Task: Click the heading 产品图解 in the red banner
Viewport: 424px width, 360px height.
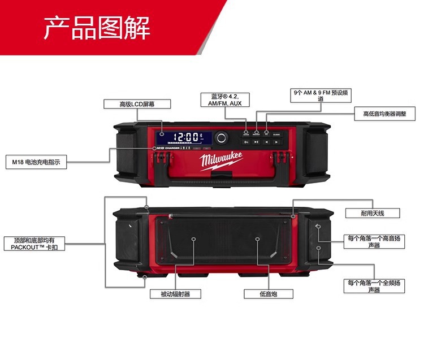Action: (x=97, y=28)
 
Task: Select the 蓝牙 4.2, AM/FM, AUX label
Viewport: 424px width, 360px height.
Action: (x=225, y=100)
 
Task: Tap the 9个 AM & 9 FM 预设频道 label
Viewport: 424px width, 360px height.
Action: (x=320, y=94)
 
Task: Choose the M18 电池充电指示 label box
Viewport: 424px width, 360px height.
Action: (x=36, y=162)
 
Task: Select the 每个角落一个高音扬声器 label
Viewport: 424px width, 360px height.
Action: (x=374, y=241)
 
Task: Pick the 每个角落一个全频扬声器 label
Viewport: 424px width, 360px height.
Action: (x=374, y=286)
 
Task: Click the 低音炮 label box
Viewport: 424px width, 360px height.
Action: (x=261, y=294)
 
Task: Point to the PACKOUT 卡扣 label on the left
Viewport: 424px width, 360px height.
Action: (x=34, y=244)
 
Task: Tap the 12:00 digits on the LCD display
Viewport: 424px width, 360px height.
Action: (x=187, y=136)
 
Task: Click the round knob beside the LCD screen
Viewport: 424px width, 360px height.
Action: (x=220, y=137)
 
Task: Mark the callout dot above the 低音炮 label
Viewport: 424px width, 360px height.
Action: (x=257, y=240)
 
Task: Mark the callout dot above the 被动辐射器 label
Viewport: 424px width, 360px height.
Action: (x=193, y=240)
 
